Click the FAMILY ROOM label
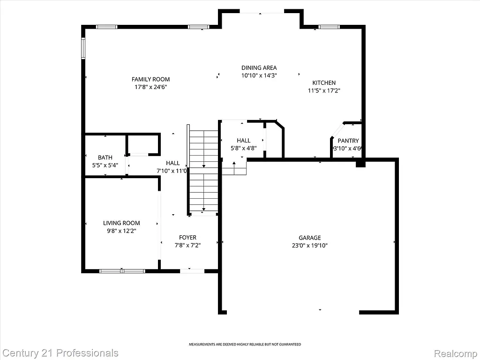(x=150, y=79)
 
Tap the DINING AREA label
(x=259, y=67)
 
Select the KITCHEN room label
(x=324, y=83)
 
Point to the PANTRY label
(x=348, y=141)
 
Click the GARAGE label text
(x=310, y=238)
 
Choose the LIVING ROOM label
(x=121, y=223)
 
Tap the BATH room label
(x=105, y=157)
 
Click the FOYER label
(x=187, y=238)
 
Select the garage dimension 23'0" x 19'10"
(x=310, y=245)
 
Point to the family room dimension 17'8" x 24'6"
(x=150, y=87)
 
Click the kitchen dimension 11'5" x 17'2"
(x=324, y=91)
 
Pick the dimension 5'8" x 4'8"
(x=243, y=148)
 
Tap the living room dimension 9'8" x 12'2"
(x=121, y=231)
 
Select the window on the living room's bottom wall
(x=122, y=270)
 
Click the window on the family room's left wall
(x=83, y=48)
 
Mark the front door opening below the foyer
(x=192, y=270)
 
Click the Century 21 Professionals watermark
(x=60, y=352)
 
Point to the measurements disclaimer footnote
(x=245, y=345)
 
